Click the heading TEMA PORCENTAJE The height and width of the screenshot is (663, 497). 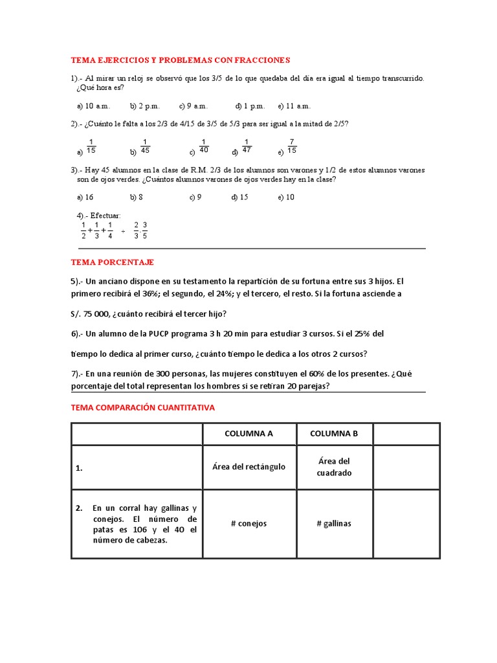[x=112, y=262]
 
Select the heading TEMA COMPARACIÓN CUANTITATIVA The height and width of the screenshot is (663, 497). [x=142, y=408]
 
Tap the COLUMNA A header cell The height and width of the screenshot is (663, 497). [x=249, y=434]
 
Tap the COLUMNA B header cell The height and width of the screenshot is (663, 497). [x=334, y=434]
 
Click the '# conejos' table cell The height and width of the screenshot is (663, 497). [x=249, y=523]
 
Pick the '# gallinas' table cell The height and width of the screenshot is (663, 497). [x=334, y=523]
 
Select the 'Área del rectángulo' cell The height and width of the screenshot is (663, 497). [x=249, y=467]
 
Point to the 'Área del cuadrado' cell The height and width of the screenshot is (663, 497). [x=334, y=467]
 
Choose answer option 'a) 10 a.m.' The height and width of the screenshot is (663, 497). [x=94, y=106]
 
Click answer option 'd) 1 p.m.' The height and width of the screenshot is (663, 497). [x=250, y=106]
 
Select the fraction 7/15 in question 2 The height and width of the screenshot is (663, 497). [x=292, y=146]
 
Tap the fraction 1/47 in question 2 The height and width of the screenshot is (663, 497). [x=246, y=146]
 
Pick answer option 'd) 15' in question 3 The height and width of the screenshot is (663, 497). [x=240, y=197]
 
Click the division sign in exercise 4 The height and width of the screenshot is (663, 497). [x=123, y=230]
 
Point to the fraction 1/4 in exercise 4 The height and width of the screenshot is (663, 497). [x=110, y=230]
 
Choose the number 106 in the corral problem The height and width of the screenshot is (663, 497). [x=142, y=530]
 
